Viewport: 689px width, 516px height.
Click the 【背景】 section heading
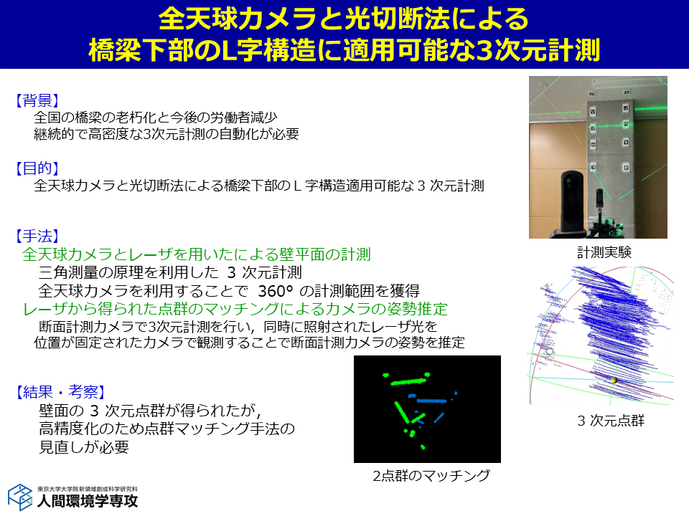[37, 100]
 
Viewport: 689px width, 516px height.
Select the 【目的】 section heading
[37, 168]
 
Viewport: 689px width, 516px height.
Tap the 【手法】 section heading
[37, 236]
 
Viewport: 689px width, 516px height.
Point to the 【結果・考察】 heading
[60, 391]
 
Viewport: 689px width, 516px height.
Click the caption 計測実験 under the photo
[604, 252]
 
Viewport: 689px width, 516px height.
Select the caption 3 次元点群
[611, 421]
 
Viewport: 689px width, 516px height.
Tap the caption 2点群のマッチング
[431, 475]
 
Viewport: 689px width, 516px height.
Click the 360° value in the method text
[275, 290]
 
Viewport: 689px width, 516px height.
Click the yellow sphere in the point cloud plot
[614, 380]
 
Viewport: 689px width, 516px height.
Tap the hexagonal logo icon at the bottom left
[20, 497]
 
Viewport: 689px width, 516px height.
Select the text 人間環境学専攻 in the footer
[88, 501]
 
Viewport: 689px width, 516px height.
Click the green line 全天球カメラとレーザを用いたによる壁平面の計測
[197, 254]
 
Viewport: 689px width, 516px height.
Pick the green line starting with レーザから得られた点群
[235, 309]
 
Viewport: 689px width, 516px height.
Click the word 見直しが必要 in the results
[84, 446]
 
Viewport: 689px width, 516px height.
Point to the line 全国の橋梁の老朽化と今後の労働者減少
[155, 117]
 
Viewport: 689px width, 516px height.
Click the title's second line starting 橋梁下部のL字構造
[344, 50]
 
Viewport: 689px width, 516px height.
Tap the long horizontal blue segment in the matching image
[431, 401]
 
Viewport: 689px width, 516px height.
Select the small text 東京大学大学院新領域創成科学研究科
[88, 488]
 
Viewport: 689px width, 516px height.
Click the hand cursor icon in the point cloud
[550, 350]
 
